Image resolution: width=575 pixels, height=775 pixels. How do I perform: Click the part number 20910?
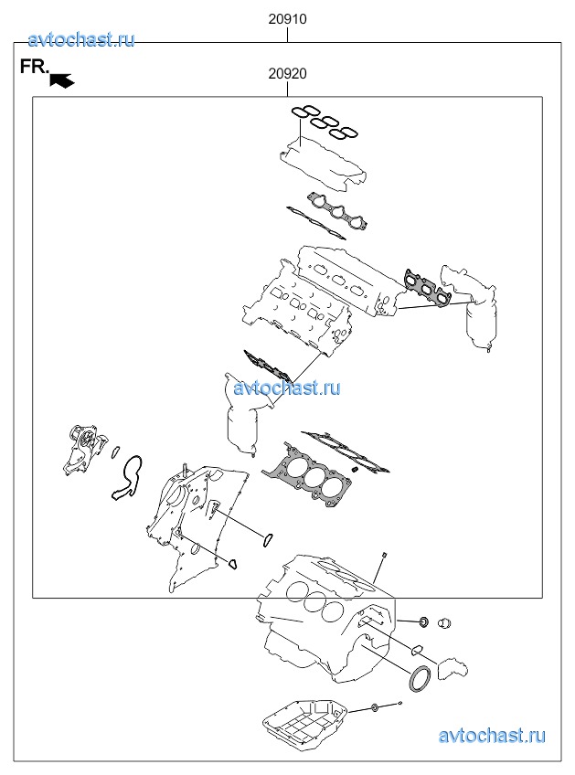(287, 19)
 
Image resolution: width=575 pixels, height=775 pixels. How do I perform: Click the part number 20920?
(287, 74)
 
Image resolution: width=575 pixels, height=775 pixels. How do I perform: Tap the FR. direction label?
(35, 67)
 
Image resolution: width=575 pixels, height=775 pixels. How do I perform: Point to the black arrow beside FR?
(62, 80)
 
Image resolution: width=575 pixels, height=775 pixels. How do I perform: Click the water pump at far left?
(85, 450)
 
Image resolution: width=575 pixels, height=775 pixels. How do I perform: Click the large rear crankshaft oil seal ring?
(420, 678)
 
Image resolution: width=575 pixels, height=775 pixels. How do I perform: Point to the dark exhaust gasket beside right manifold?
(426, 288)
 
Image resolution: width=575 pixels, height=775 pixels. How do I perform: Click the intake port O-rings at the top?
(324, 121)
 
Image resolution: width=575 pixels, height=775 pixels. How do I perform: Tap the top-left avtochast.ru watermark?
(81, 39)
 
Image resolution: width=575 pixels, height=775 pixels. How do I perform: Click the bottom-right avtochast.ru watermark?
(492, 736)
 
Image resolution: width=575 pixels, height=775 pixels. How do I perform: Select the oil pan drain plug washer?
(375, 708)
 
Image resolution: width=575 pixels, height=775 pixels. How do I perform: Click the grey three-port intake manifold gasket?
(338, 211)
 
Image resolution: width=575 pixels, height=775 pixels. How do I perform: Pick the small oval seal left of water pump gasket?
(116, 451)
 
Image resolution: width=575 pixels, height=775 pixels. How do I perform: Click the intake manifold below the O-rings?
(324, 165)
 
